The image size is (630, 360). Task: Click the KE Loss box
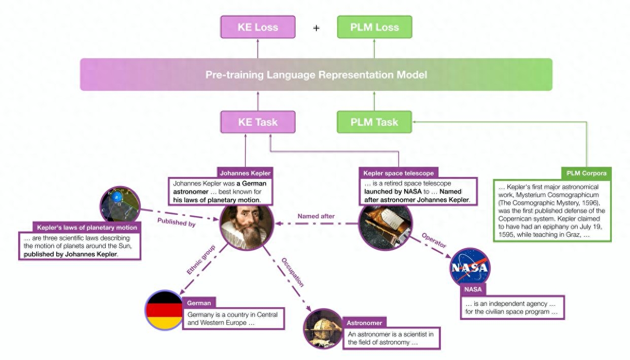(258, 27)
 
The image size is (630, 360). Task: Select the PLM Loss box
(374, 27)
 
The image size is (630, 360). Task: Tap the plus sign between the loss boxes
(316, 28)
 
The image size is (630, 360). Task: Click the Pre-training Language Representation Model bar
(316, 75)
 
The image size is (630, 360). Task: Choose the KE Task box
(258, 122)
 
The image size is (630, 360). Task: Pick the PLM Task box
(374, 122)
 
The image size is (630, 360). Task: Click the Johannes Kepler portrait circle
(247, 224)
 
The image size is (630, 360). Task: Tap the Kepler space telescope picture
(386, 224)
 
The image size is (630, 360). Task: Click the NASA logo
(470, 268)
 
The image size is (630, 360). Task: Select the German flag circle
(164, 310)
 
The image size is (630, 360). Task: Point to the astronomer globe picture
(323, 329)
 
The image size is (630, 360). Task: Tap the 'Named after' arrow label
(316, 217)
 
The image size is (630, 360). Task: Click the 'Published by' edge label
(176, 222)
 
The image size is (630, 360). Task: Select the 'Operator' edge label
(434, 241)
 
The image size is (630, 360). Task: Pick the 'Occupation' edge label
(293, 272)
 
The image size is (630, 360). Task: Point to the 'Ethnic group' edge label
(201, 260)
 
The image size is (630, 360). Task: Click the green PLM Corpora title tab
(586, 173)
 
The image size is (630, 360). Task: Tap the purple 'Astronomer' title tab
(364, 322)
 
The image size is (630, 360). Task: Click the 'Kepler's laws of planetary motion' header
(87, 227)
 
